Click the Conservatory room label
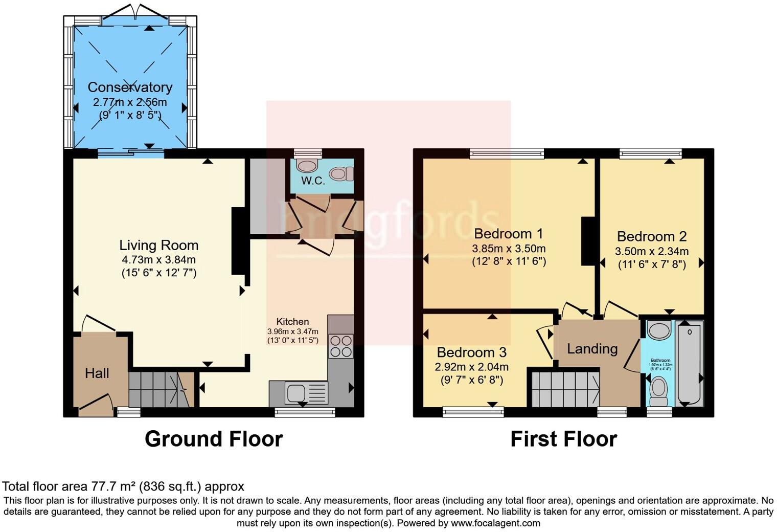coord(130,87)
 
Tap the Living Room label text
coord(158,245)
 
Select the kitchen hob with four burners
coord(341,346)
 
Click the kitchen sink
coord(296,393)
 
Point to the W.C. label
coord(313,181)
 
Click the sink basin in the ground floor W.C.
coord(306,166)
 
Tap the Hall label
coord(97,373)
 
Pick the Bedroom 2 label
coord(651,236)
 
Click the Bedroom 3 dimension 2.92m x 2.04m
coord(471,367)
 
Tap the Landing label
coord(592,349)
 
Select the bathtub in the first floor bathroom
coord(690,362)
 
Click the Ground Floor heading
coord(213,439)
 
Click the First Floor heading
coord(563,439)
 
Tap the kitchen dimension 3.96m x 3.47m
coord(292,331)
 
